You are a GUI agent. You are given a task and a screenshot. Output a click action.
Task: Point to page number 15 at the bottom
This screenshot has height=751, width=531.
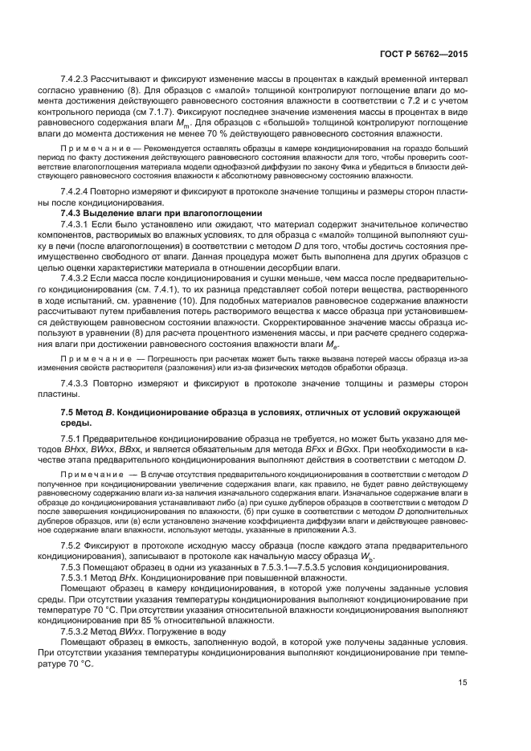click(x=464, y=705)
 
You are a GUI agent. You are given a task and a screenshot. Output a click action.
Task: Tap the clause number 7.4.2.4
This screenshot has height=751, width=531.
click(x=78, y=194)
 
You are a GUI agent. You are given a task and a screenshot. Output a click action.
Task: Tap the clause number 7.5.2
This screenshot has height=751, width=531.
click(x=72, y=545)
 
